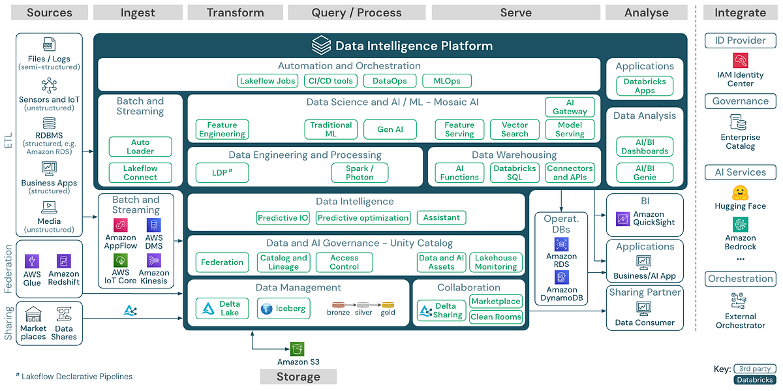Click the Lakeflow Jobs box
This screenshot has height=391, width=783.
click(268, 81)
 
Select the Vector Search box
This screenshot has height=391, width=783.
click(514, 129)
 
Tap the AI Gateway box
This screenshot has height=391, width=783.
click(570, 107)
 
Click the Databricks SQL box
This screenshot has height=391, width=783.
click(514, 172)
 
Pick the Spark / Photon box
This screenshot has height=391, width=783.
click(360, 172)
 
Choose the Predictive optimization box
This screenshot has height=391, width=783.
click(363, 218)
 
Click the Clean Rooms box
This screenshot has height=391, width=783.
click(496, 317)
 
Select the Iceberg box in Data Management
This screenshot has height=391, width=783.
click(283, 309)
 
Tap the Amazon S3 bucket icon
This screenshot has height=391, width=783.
click(298, 349)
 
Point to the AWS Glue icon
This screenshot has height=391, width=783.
click(32, 261)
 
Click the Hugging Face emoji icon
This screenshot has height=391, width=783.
click(740, 193)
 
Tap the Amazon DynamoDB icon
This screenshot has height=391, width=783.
click(561, 277)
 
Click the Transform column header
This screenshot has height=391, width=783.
click(235, 12)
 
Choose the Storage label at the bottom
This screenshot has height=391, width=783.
click(298, 377)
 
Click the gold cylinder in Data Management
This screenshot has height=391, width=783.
click(388, 305)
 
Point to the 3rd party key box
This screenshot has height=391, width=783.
click(754, 369)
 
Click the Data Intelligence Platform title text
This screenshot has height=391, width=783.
click(414, 46)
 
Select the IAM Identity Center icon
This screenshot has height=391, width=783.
click(740, 61)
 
